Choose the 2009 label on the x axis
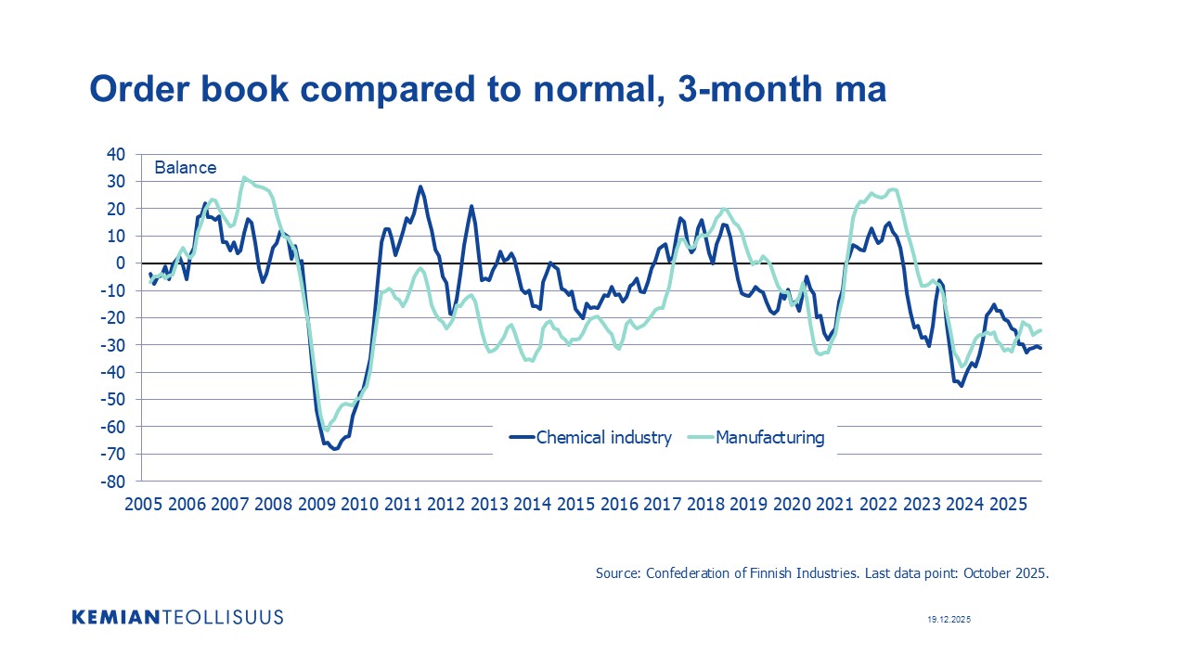click(316, 504)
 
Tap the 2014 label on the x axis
click(532, 504)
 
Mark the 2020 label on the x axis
click(792, 504)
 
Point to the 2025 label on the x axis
click(1008, 504)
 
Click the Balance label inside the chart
click(185, 168)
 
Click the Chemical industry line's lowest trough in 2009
click(335, 449)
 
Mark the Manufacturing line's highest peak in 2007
click(244, 177)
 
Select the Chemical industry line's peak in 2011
click(420, 186)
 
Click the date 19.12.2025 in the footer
click(949, 619)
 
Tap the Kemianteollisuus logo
click(177, 617)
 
